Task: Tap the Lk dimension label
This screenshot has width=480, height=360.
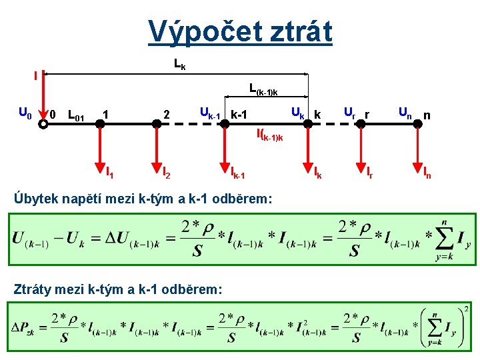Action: point(179,65)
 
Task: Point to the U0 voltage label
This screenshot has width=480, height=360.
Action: point(24,115)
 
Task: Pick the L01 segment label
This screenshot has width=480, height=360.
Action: point(76,117)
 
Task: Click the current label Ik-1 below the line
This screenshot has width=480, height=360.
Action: point(238,175)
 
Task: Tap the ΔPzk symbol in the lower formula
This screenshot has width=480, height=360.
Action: point(26,329)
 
